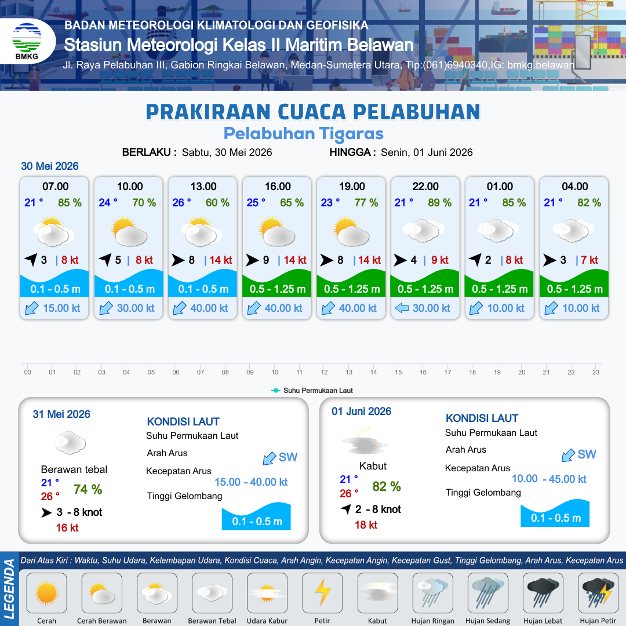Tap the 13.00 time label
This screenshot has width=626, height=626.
point(203,187)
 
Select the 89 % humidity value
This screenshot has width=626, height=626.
point(439,203)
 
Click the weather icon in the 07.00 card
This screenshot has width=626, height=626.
point(53,231)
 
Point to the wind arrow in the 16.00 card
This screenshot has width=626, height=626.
point(252,260)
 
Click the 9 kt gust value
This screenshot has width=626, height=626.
point(439,260)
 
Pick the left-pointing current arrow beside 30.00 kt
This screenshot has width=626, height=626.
point(402,308)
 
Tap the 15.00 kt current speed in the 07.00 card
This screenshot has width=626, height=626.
point(61,308)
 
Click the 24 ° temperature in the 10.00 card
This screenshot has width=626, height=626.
point(108,203)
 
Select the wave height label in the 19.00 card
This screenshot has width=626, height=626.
point(352,289)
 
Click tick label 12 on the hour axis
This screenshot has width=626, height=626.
point(324,372)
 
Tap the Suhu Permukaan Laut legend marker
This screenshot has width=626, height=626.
point(275,391)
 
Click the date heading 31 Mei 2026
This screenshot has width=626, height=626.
point(61,414)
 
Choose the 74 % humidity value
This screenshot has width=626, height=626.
point(88,489)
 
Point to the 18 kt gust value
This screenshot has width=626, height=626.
point(366,525)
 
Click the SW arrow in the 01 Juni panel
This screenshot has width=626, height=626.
point(568,455)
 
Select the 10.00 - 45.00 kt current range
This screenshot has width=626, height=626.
point(549,479)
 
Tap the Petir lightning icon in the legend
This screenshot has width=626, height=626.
point(322,592)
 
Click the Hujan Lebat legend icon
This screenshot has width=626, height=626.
point(543,593)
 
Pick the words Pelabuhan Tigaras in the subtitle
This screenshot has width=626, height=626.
point(303,134)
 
